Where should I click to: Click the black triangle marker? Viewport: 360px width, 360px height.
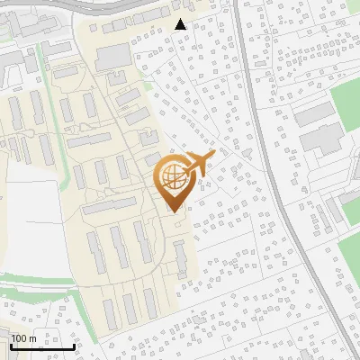click(181, 24)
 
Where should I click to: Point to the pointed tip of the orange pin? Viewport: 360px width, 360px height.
click(173, 211)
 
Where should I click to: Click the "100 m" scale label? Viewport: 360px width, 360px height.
click(23, 337)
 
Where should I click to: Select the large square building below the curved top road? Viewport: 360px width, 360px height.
click(112, 57)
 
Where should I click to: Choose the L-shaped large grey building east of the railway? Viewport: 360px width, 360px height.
click(319, 135)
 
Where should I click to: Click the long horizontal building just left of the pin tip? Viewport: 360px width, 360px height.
click(112, 207)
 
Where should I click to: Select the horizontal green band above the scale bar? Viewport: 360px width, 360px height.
click(36, 293)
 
